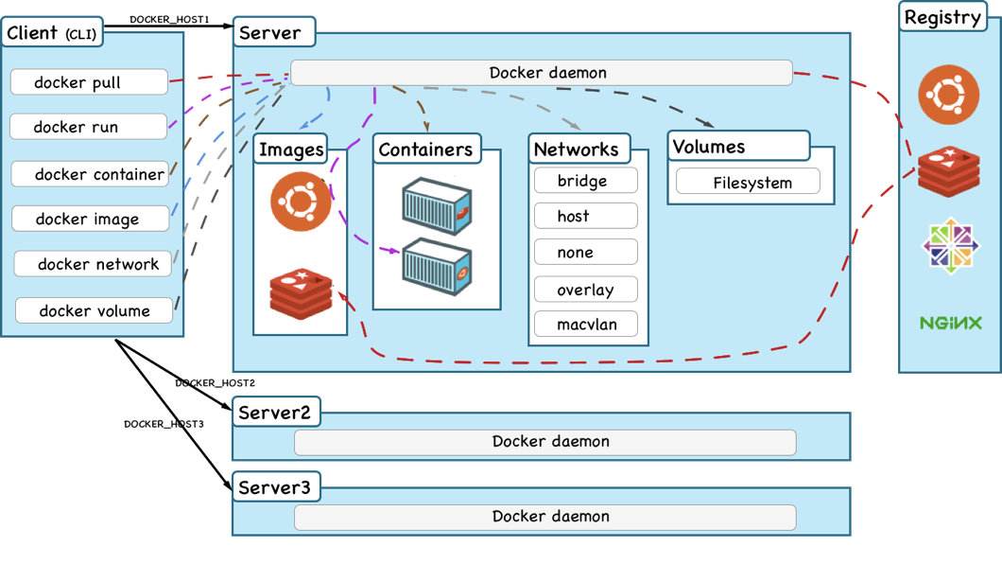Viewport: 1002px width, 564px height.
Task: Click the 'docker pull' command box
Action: click(89, 82)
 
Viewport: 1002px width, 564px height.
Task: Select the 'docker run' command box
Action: click(89, 127)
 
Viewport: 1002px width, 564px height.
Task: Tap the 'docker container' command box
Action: click(91, 174)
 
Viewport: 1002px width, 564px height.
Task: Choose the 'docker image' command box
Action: click(91, 219)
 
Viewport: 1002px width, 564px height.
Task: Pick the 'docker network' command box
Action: click(94, 264)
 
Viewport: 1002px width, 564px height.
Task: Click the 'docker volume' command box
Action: click(95, 310)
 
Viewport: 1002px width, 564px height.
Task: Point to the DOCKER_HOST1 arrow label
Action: click(169, 20)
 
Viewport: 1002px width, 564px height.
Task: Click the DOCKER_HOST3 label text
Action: click(164, 424)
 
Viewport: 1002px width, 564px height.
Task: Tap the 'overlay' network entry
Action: click(585, 290)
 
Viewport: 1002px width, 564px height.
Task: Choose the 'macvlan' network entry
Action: click(585, 325)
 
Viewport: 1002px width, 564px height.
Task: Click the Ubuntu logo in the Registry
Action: click(948, 97)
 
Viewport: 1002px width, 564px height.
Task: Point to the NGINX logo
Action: click(948, 323)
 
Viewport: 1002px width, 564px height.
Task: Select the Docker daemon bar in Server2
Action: click(544, 442)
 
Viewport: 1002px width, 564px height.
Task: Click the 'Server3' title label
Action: click(274, 488)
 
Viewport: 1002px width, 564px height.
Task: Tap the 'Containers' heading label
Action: click(425, 150)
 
